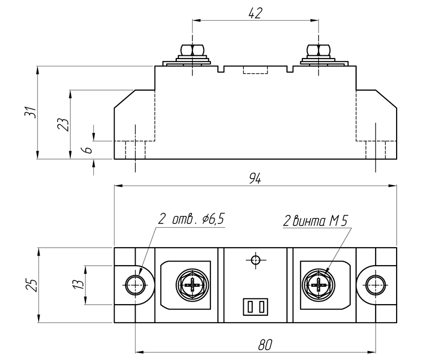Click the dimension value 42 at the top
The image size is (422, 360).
255,13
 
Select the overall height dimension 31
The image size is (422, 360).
31,112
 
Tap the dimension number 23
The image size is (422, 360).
63,124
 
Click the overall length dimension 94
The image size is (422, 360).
255,178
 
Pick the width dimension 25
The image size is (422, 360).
31,285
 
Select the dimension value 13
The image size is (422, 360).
78,284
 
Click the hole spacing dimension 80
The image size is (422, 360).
265,344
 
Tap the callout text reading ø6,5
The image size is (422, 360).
213,219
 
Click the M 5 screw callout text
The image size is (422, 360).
338,221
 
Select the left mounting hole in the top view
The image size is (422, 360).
135,285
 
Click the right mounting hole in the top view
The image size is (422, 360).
375,285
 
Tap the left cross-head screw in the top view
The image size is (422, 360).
193,285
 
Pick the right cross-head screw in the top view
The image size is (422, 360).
319,285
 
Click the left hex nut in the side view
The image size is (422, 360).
192,50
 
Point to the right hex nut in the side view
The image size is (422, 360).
319,50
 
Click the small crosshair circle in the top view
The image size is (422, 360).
255,260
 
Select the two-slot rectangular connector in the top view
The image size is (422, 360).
255,306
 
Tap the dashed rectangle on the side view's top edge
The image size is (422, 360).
255,70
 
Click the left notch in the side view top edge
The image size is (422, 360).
220,69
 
